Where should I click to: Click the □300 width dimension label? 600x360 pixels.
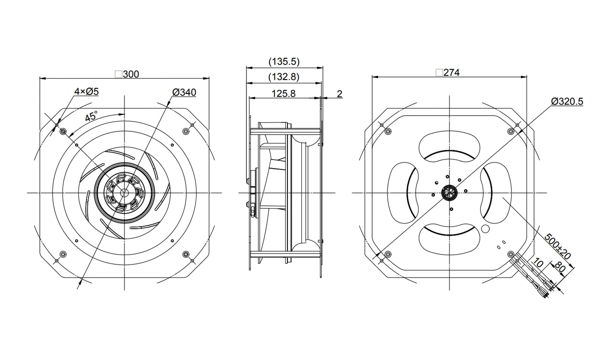click(127, 74)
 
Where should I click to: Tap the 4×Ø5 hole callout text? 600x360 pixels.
click(86, 91)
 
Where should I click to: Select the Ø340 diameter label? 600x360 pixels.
click(184, 92)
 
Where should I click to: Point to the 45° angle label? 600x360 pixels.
click(91, 117)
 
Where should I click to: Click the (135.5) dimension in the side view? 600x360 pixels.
click(284, 61)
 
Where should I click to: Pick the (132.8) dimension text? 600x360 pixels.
click(284, 77)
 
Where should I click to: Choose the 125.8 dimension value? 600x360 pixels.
click(283, 94)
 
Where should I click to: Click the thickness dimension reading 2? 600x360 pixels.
click(339, 94)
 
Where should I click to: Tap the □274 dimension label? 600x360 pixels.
click(448, 72)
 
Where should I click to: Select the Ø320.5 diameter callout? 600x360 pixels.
click(567, 102)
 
